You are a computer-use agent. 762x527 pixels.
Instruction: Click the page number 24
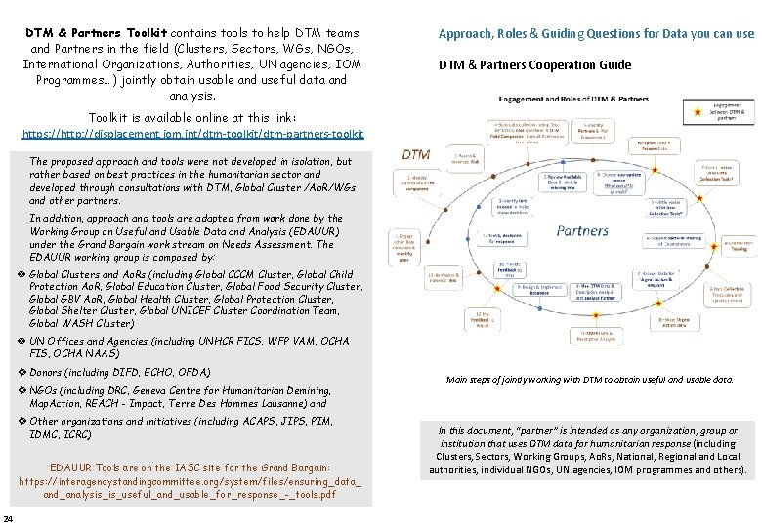[x=8, y=517]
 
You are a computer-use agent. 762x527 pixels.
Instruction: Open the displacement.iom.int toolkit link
[x=192, y=133]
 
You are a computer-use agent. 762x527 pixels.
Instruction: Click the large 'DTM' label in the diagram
[x=417, y=154]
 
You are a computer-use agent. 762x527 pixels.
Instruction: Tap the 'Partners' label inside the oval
[x=582, y=231]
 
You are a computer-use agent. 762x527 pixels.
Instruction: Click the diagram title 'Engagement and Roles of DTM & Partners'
[x=573, y=99]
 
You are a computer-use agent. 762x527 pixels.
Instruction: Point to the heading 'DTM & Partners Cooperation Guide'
[x=534, y=65]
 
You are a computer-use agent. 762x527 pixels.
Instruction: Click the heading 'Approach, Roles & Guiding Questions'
[x=596, y=34]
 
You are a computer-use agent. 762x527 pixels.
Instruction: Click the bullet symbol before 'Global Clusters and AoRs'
[x=21, y=275]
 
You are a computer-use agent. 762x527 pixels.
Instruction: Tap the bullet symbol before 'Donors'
[x=21, y=373]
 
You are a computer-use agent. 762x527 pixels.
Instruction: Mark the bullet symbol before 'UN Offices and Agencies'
[x=21, y=341]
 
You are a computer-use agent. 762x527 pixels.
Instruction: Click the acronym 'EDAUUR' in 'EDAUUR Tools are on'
[x=72, y=468]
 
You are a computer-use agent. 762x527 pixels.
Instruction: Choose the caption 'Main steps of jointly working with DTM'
[x=589, y=379]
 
